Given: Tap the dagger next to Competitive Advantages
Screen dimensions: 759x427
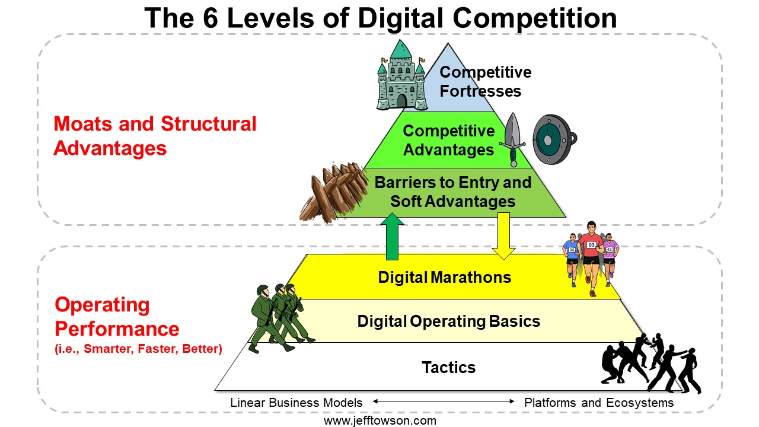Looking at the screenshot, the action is click(x=512, y=139).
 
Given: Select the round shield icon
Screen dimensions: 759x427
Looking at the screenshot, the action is click(x=554, y=139).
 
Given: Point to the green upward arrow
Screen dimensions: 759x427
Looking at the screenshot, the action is click(x=392, y=237).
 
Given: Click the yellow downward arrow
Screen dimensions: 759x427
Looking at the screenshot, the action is click(x=503, y=236).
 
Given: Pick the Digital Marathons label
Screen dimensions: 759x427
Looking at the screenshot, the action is click(x=445, y=277).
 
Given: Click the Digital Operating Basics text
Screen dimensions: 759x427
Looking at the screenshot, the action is click(x=449, y=321).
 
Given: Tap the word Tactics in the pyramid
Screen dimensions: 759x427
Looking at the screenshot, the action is click(x=449, y=367).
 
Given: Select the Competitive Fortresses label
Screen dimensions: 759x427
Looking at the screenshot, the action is click(x=485, y=82).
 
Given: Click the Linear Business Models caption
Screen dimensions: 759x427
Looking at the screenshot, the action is click(x=296, y=403).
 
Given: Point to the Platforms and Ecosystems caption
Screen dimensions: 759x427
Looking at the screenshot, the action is click(x=599, y=403).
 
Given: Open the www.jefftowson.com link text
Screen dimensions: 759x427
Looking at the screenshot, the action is click(x=380, y=421).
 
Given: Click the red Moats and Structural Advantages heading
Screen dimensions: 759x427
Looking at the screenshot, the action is click(x=155, y=136).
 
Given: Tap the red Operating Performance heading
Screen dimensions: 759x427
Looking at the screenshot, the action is click(x=117, y=317).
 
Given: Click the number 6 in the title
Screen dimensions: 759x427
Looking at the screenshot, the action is click(x=210, y=18).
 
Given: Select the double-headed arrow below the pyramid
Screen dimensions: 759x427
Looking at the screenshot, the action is click(x=444, y=401).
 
